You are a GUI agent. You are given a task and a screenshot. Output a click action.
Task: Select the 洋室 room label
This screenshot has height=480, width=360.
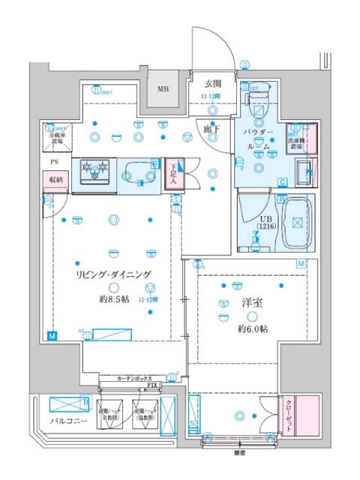tap(250, 304)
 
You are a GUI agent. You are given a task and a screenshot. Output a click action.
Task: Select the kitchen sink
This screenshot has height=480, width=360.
tap(139, 170)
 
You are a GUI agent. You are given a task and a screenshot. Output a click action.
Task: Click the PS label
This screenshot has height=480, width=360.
tap(53, 161)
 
